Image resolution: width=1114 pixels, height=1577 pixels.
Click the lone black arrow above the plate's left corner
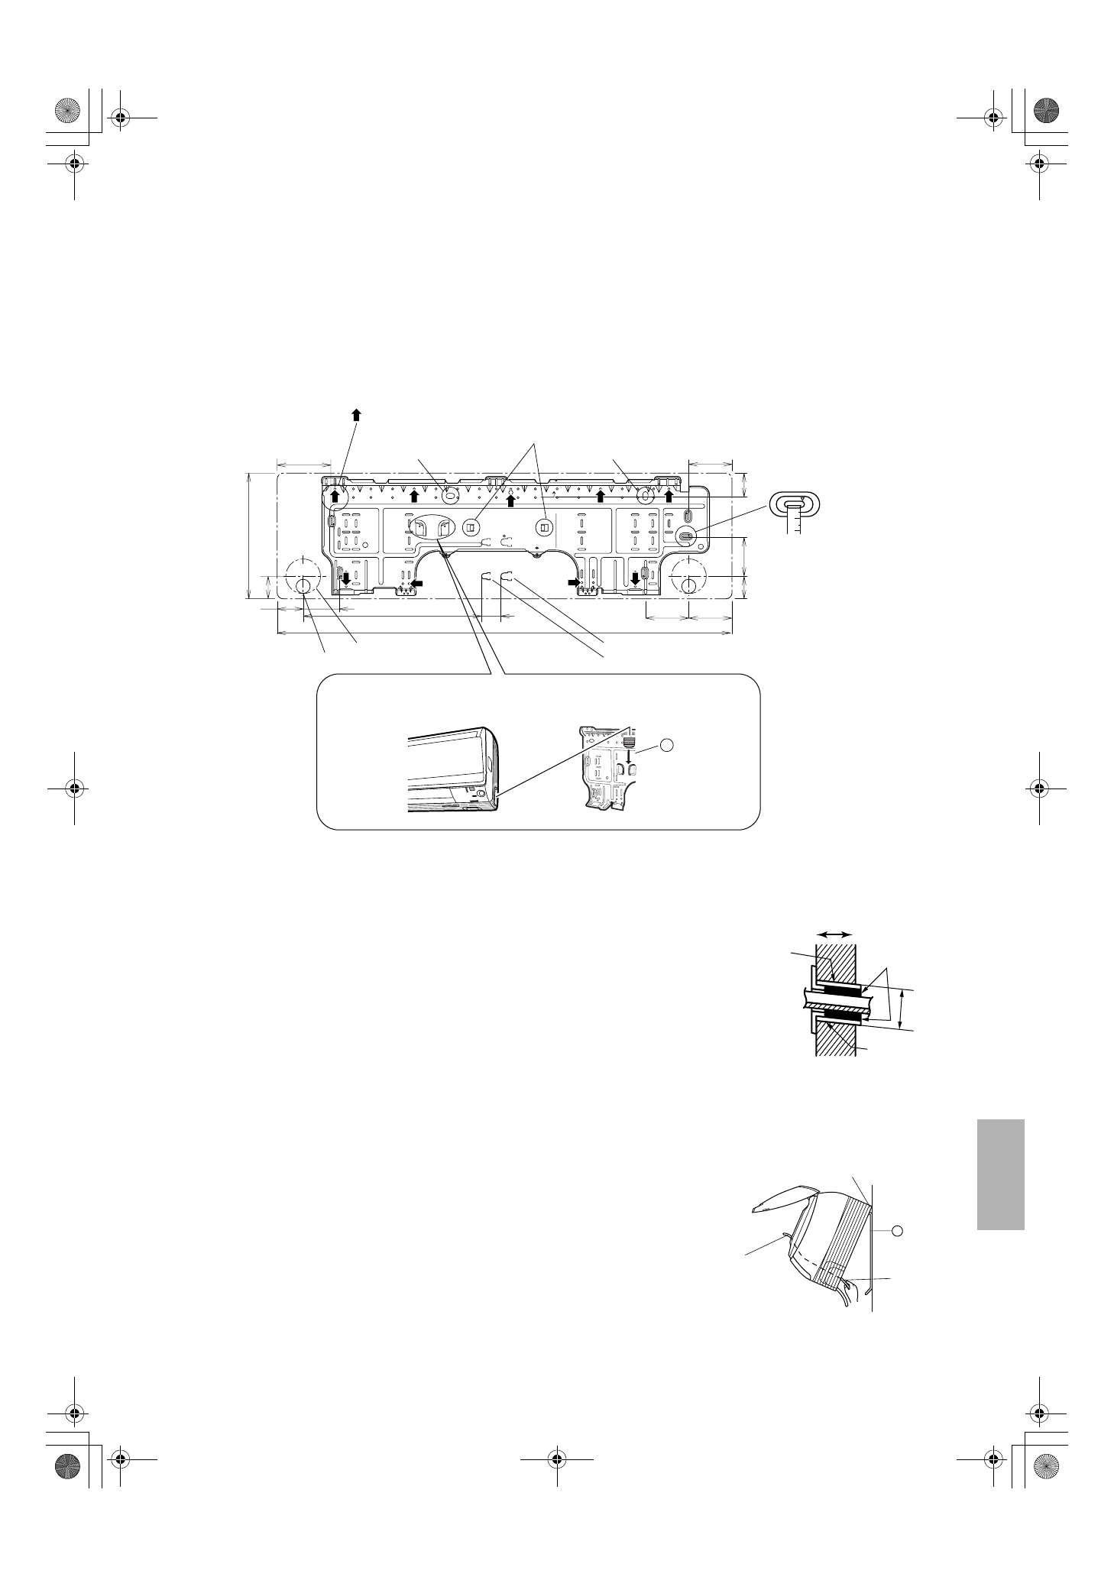point(356,413)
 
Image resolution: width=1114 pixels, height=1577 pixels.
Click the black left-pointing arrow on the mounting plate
point(416,583)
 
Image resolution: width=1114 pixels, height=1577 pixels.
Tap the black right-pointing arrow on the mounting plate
point(574,582)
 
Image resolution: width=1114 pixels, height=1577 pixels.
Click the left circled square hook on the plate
point(470,526)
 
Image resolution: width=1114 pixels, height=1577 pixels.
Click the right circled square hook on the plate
point(544,526)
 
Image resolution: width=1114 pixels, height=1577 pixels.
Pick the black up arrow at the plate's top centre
point(510,500)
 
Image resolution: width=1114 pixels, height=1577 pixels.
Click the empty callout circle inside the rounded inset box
point(667,744)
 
